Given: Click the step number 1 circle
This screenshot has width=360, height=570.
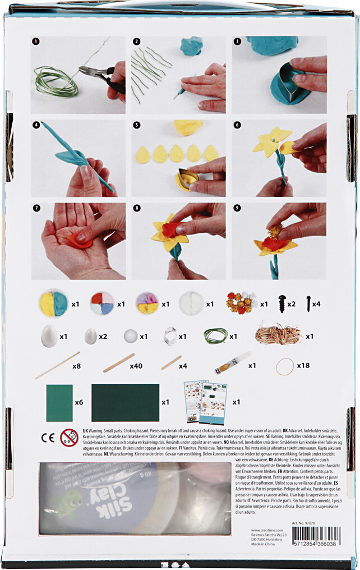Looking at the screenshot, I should [36, 42].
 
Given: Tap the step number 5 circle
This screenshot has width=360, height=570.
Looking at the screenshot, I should [137, 125].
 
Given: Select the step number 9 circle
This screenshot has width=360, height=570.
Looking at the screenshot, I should [237, 208].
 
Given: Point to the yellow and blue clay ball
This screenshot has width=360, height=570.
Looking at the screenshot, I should [54, 304].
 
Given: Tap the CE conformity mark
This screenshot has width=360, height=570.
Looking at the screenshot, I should [47, 436].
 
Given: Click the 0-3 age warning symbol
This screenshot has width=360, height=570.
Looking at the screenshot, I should [69, 437].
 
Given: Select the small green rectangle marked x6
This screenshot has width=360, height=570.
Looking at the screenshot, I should [59, 402].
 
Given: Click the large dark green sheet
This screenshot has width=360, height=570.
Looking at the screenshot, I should [125, 402].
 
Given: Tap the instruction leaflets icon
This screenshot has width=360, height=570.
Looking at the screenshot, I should [205, 402].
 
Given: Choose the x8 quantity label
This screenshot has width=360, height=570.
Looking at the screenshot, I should [77, 366].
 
